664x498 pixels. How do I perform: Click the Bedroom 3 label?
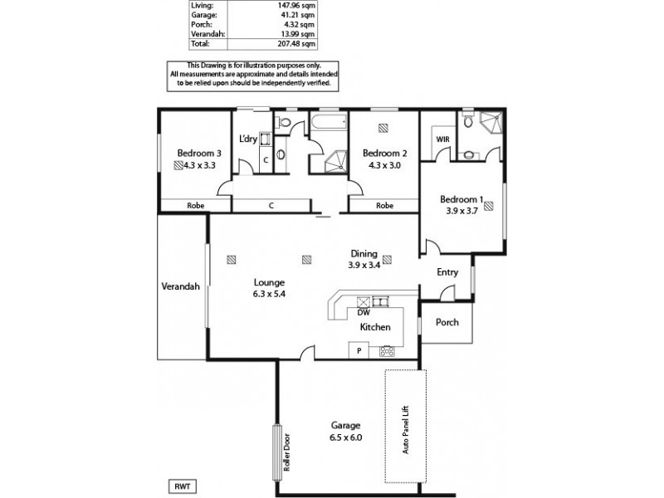tap(199, 153)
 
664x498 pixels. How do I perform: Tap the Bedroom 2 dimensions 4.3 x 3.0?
tap(384, 165)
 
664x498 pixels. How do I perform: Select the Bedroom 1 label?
tap(460, 199)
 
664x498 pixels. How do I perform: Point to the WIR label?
tap(442, 139)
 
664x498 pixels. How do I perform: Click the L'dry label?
tap(248, 139)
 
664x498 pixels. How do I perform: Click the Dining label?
tap(364, 254)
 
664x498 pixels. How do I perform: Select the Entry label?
tap(447, 271)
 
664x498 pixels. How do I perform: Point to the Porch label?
tap(447, 323)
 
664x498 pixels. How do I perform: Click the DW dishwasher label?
tap(363, 313)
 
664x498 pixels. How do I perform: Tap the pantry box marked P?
tap(359, 351)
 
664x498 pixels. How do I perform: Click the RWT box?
tap(182, 487)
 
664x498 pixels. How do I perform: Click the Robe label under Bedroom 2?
tap(384, 205)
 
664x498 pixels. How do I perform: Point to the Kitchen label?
tap(375, 328)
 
